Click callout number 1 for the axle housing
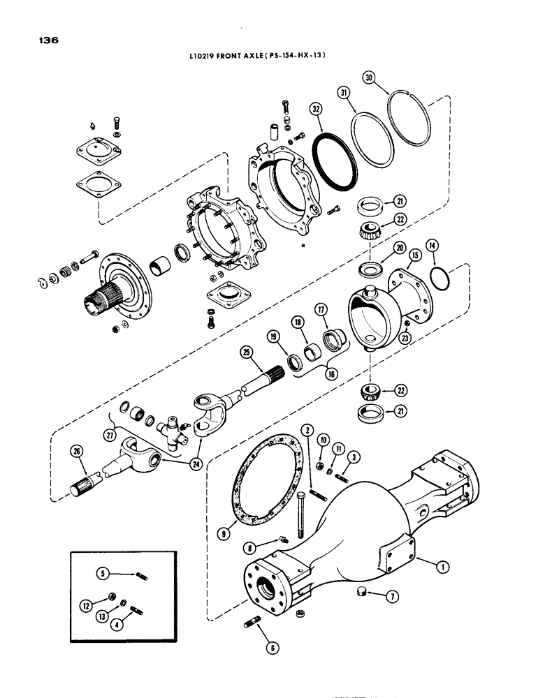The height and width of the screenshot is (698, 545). (441, 567)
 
